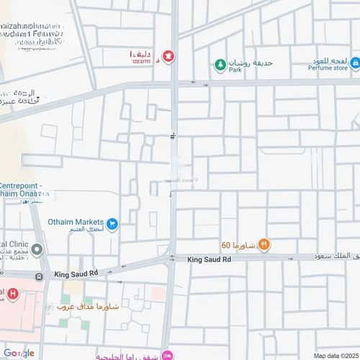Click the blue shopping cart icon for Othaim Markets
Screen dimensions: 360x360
(112, 225)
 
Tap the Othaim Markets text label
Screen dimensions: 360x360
(76, 222)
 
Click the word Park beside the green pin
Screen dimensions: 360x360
(235, 70)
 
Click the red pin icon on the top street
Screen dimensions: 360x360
(168, 55)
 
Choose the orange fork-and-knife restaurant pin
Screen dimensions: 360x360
(264, 244)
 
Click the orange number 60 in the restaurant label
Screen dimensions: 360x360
(226, 245)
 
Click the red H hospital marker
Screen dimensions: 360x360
(2, 294)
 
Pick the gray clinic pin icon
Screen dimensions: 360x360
(37, 250)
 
